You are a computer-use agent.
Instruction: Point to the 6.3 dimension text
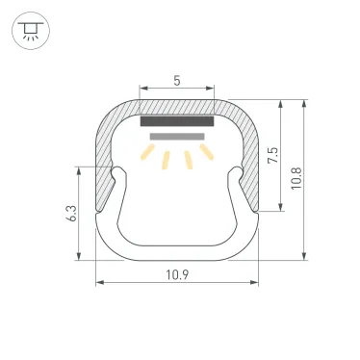70,214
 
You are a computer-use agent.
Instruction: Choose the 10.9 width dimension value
177,275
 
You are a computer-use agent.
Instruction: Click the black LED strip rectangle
177,122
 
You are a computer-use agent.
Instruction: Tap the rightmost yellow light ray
205,153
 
